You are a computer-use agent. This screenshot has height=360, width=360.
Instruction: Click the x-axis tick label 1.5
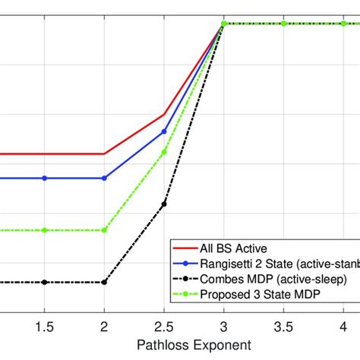45,326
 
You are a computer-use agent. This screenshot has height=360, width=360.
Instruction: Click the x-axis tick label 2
105,326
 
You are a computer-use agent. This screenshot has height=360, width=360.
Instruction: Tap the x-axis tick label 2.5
164,326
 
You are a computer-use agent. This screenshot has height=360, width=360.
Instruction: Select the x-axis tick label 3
224,326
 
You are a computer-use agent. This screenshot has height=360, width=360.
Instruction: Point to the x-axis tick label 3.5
283,326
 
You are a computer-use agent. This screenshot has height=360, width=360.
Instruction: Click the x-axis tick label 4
343,326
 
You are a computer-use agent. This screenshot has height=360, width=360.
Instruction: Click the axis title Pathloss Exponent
194,344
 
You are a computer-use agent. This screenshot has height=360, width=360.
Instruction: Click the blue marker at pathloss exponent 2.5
164,131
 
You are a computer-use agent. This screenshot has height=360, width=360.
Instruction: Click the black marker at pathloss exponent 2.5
164,204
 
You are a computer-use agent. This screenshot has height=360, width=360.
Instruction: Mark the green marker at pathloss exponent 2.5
164,152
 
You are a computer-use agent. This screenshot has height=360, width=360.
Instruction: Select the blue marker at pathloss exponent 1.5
45,178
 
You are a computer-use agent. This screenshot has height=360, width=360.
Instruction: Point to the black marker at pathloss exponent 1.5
45,282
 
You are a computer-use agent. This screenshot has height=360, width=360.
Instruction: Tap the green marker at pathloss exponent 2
105,229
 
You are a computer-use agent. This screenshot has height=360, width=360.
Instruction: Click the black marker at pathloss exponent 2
105,282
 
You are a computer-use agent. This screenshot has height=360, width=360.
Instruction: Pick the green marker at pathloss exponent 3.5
283,24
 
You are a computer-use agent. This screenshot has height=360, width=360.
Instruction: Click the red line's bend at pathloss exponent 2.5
164,115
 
